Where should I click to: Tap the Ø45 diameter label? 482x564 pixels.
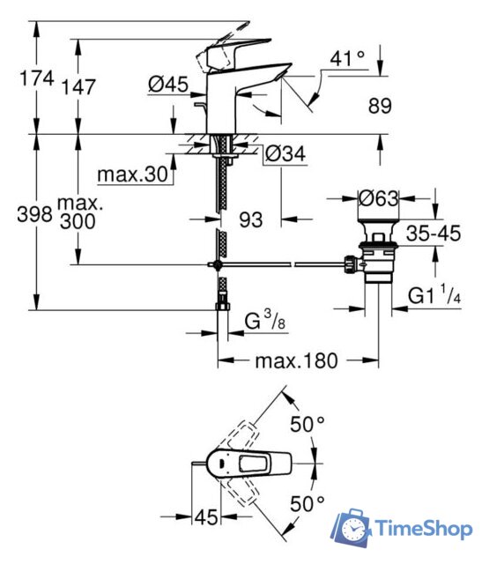click(167, 85)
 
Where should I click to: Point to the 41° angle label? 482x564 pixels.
click(346, 59)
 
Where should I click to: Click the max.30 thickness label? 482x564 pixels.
click(131, 174)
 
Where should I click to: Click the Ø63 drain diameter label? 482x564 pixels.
click(380, 198)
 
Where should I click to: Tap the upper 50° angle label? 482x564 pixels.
click(308, 425)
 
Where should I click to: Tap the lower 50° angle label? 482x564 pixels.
click(308, 505)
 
